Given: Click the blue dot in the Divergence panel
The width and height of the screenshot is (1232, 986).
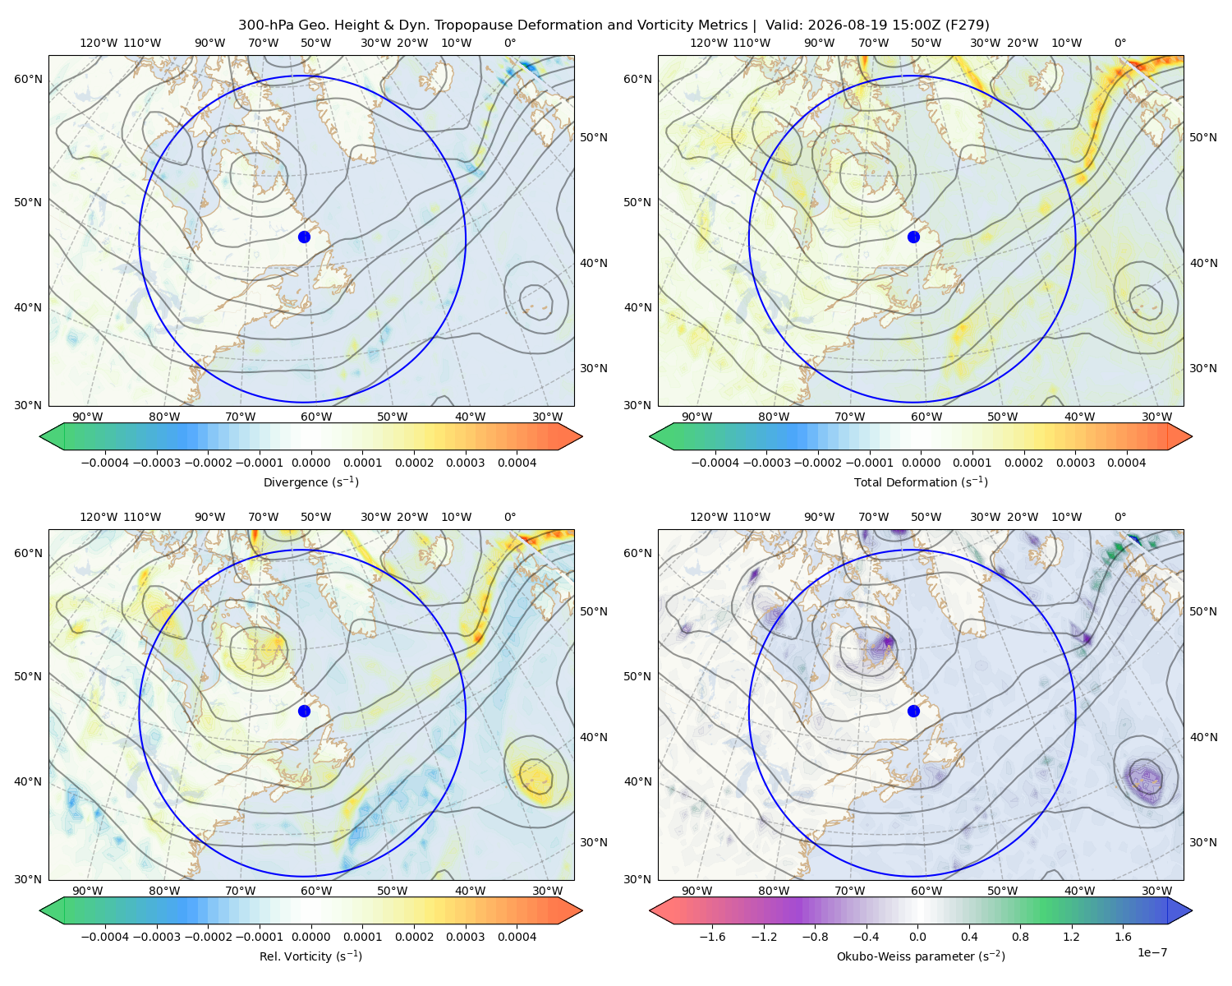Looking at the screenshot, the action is click(304, 237).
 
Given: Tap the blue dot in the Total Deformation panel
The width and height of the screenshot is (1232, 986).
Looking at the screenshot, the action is click(913, 237).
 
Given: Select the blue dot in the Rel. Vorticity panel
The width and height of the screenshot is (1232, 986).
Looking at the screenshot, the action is click(304, 711).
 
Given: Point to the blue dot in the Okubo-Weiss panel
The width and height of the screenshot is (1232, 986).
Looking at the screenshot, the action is click(913, 711).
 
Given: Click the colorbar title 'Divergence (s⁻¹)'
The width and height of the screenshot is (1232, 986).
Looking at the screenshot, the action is click(310, 482).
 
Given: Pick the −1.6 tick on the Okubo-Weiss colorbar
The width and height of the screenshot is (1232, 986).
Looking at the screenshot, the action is click(713, 937).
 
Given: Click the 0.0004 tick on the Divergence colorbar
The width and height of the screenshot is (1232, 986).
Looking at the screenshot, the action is click(517, 463).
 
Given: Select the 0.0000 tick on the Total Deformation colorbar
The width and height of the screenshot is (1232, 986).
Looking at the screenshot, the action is click(922, 463).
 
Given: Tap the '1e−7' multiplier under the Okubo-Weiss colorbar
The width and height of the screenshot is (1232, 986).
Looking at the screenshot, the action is click(1152, 953).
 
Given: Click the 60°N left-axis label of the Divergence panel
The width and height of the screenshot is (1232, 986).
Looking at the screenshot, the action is click(28, 79).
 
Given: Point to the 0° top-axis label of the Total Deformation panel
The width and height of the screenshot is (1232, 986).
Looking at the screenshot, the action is click(1120, 43).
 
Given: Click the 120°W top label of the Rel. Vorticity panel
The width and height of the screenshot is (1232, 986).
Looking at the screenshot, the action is click(99, 517).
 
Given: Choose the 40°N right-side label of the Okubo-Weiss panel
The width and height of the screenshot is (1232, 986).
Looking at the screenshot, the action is click(1203, 737).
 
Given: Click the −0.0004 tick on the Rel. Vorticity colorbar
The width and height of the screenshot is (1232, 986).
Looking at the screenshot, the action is click(105, 937).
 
